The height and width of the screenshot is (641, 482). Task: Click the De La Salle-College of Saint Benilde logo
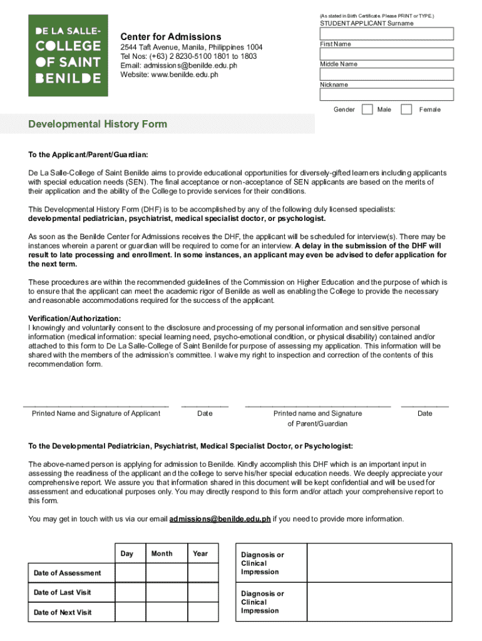(x=68, y=55)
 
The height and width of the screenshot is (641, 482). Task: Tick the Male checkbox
(x=367, y=110)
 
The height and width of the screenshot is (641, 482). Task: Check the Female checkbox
(x=406, y=110)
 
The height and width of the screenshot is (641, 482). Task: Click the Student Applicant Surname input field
(x=386, y=34)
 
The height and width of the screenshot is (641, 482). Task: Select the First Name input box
(x=386, y=54)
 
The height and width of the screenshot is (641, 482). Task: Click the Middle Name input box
(x=386, y=74)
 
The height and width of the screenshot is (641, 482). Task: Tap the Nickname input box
(x=386, y=95)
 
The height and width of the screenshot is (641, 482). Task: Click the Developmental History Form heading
(x=98, y=124)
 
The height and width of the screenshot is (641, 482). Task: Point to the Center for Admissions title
(x=170, y=37)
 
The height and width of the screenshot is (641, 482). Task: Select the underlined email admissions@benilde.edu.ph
(x=220, y=519)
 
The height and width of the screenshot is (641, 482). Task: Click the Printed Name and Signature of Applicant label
(x=96, y=413)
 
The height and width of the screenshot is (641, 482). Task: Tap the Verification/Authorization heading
(x=74, y=319)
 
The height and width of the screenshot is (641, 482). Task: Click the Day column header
(x=127, y=553)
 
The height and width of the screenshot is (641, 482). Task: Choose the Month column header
(x=162, y=553)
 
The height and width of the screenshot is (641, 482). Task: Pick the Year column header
(x=200, y=553)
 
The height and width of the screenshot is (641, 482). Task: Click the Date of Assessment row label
(x=67, y=573)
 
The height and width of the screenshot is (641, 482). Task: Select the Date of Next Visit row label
(x=63, y=612)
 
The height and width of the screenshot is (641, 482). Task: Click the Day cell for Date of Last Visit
(x=130, y=592)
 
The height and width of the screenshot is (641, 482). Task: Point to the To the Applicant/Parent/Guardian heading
(x=88, y=154)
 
